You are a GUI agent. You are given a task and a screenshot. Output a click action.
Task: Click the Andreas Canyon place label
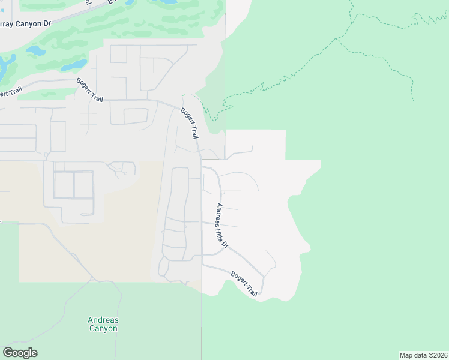click(x=103, y=324)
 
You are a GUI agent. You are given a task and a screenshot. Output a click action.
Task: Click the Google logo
click(x=20, y=353)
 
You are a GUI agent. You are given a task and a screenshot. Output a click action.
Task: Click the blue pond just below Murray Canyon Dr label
click(x=36, y=50)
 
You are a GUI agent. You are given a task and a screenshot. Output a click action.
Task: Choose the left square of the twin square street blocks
click(x=64, y=185)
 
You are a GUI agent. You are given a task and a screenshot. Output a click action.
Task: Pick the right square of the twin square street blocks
click(x=84, y=185)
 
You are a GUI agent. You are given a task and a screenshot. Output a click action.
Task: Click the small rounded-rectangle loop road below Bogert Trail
click(x=136, y=116)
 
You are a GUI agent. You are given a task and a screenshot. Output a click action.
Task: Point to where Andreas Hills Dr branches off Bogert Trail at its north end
click(x=202, y=167)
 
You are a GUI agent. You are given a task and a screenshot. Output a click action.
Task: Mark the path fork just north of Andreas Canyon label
click(x=92, y=280)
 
